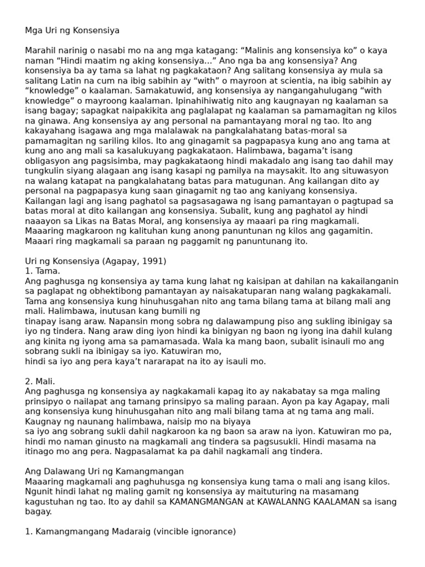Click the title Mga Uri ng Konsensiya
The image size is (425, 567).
[x=72, y=30]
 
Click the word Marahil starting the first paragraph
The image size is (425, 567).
[x=41, y=50]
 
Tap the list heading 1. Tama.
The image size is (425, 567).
[x=43, y=271]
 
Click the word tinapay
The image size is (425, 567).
[x=41, y=321]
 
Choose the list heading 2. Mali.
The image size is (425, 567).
[x=40, y=382]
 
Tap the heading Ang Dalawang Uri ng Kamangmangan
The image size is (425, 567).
[x=104, y=471]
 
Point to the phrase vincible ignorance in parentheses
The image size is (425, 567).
[x=189, y=532]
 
